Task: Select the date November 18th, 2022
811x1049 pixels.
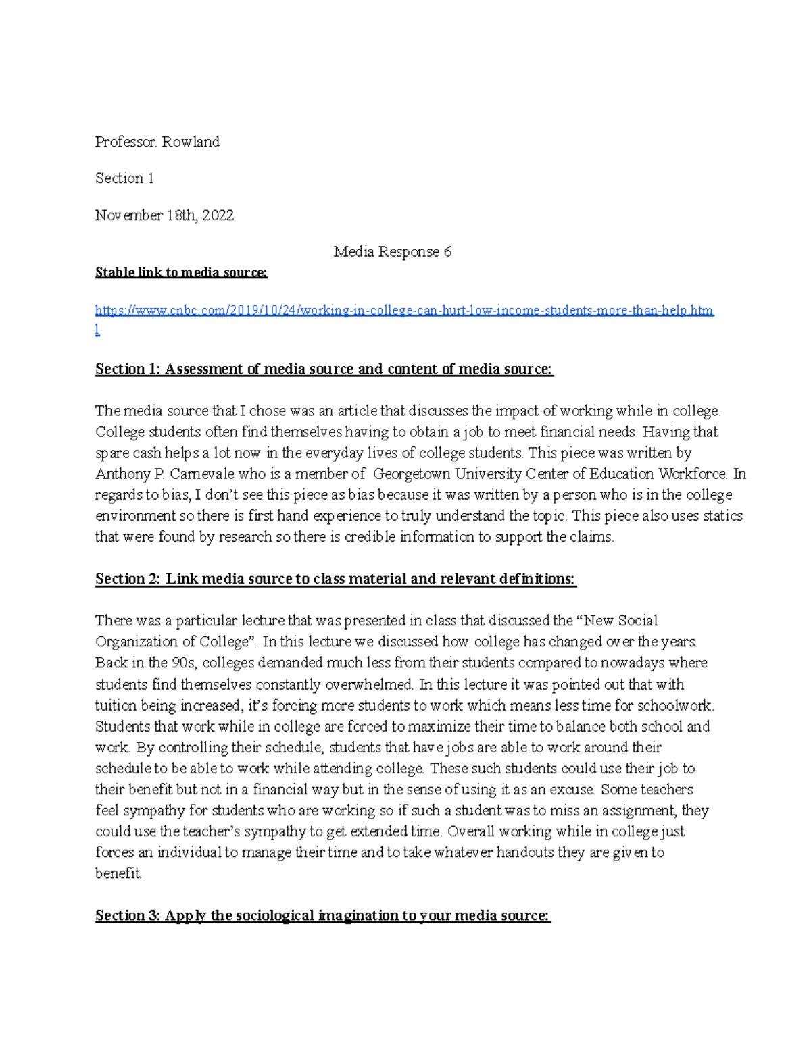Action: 164,215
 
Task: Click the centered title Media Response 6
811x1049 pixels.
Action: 392,252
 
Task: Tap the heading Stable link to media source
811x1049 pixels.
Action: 181,272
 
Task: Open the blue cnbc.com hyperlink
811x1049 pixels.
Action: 404,311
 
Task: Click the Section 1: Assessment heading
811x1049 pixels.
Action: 324,369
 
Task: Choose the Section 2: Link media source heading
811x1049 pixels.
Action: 335,579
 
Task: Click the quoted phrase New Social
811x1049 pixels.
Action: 620,621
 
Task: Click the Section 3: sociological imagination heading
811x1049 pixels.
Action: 322,915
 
